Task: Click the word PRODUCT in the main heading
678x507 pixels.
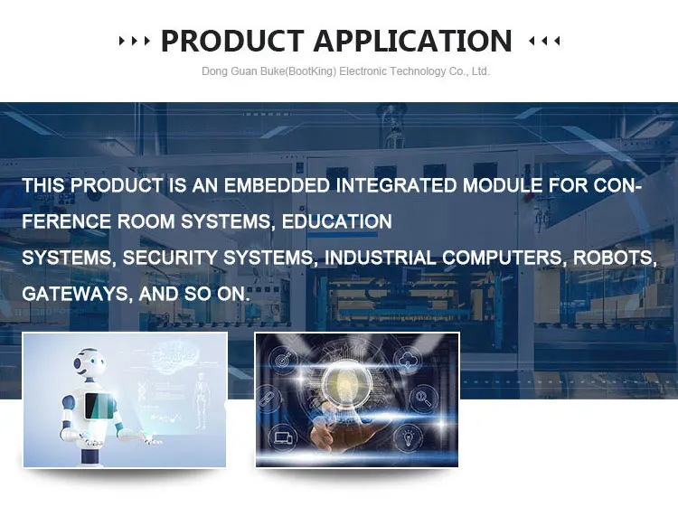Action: tap(232, 41)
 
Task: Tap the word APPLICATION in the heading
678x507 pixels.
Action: tap(413, 41)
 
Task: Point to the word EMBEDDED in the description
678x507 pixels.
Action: tap(277, 185)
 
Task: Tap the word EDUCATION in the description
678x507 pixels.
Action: tap(337, 221)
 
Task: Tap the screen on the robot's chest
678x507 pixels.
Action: tap(99, 406)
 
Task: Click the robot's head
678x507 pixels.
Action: tap(89, 362)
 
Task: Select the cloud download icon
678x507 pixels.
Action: tap(407, 360)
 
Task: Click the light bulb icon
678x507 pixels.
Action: tap(408, 437)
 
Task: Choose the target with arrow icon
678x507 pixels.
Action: tap(283, 360)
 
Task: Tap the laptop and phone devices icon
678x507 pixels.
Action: tap(283, 437)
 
